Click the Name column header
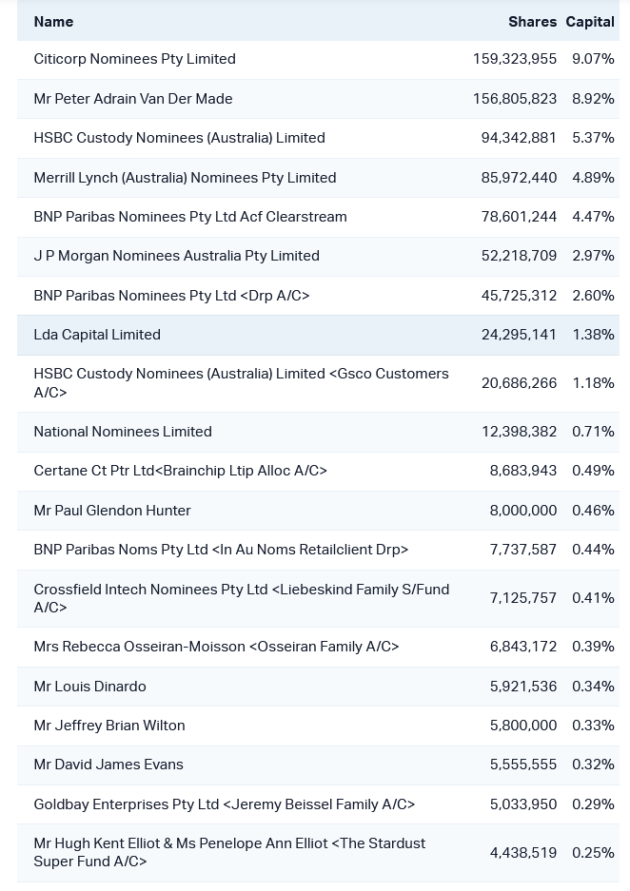[x=53, y=22]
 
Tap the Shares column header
[x=532, y=22]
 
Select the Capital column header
[x=590, y=22]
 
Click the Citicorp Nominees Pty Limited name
[x=134, y=59]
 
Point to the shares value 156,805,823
[x=515, y=99]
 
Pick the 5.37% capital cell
[x=593, y=138]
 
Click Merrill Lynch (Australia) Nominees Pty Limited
[x=185, y=178]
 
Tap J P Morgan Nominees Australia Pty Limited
[x=176, y=256]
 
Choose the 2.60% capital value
[x=593, y=296]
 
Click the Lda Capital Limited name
[x=97, y=335]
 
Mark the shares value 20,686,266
[x=519, y=383]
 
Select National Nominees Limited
[x=123, y=432]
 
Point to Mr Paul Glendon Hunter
[x=112, y=511]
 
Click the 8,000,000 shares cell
[x=523, y=511]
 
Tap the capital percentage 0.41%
[x=593, y=598]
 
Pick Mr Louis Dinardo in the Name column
[x=89, y=687]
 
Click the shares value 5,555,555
[x=523, y=765]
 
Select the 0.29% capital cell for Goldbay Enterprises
[x=593, y=804]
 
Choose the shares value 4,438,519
[x=523, y=853]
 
